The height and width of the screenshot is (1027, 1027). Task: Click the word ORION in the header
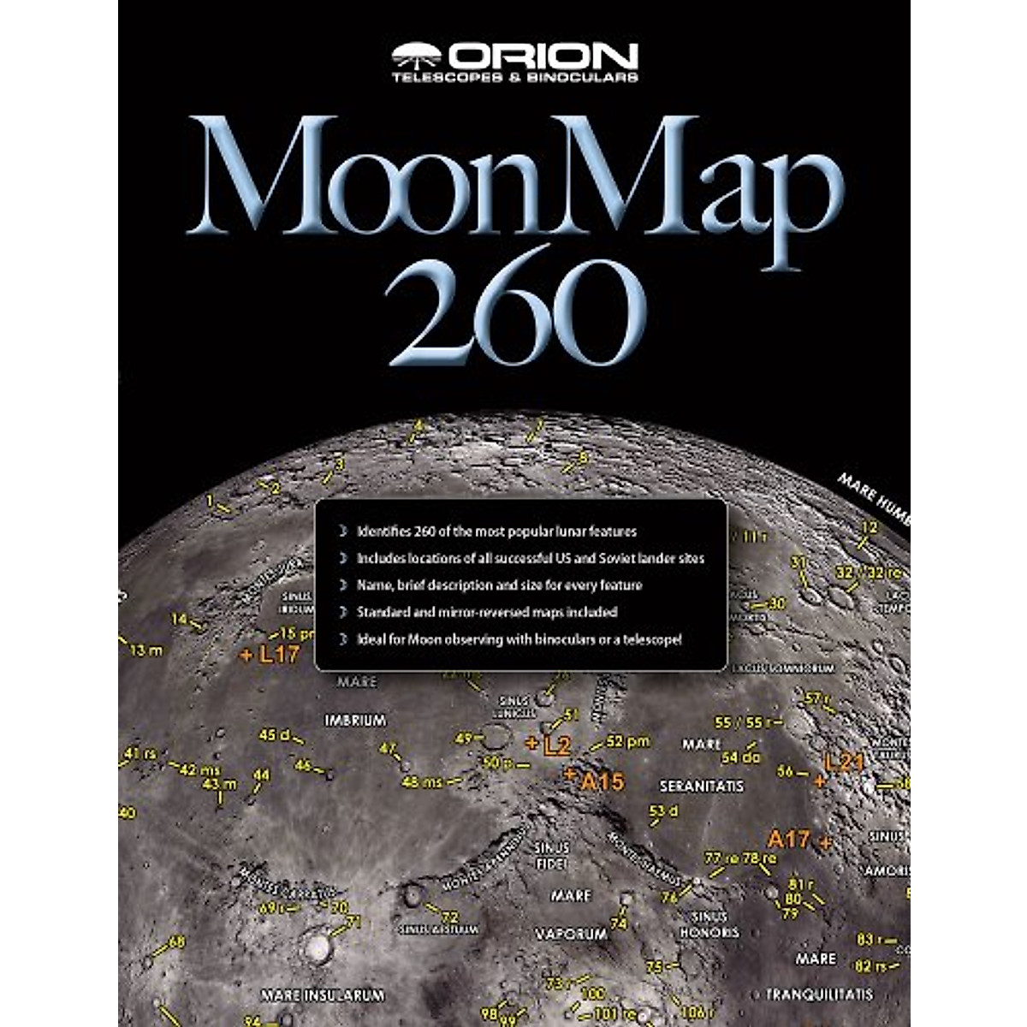pyautogui.click(x=543, y=56)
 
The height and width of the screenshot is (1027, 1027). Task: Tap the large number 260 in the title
pyautogui.click(x=514, y=305)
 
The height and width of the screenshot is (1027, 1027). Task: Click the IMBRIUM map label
pyautogui.click(x=355, y=721)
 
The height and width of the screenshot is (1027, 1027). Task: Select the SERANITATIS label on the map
pyautogui.click(x=701, y=786)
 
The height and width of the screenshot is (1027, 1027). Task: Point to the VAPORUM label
pyautogui.click(x=571, y=935)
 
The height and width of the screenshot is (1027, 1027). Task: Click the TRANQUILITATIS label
pyautogui.click(x=819, y=994)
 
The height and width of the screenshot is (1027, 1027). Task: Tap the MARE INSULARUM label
pyautogui.click(x=323, y=995)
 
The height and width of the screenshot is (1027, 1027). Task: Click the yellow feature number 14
pyautogui.click(x=180, y=620)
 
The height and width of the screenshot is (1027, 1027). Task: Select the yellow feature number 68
pyautogui.click(x=176, y=942)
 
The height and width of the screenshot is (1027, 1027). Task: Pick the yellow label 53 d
pyautogui.click(x=663, y=810)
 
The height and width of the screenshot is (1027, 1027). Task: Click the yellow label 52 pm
pyautogui.click(x=627, y=741)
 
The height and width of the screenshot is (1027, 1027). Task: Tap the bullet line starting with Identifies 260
pyautogui.click(x=496, y=531)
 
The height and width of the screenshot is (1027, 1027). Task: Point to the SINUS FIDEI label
pyautogui.click(x=551, y=855)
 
